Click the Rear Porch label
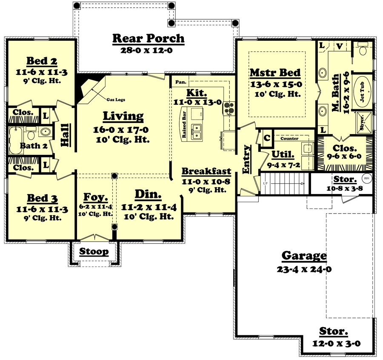(149, 39)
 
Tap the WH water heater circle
(366, 179)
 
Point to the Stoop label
(94, 251)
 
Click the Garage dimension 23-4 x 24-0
(304, 269)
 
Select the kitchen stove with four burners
(229, 108)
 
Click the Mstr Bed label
(275, 73)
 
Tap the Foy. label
(95, 197)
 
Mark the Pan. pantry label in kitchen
(179, 81)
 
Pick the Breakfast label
(206, 171)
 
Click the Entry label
(246, 159)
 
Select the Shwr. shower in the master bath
(363, 122)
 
